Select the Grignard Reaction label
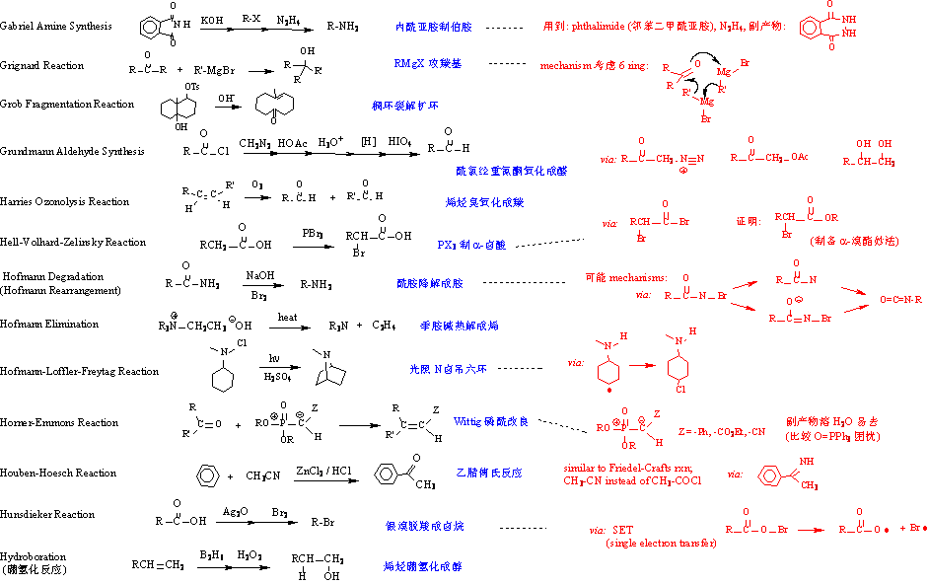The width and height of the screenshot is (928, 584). pyautogui.click(x=42, y=66)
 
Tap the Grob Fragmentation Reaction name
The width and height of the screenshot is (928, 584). pyautogui.click(x=67, y=105)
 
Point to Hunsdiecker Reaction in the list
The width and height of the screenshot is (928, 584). pyautogui.click(x=47, y=515)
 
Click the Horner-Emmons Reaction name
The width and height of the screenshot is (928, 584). pyautogui.click(x=59, y=423)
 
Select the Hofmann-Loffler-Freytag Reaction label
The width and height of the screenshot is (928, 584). pyautogui.click(x=79, y=372)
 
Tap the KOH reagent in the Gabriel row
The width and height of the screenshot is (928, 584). pyautogui.click(x=212, y=20)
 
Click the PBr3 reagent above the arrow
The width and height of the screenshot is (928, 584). pyautogui.click(x=315, y=232)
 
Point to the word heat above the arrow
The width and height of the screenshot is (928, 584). pyautogui.click(x=287, y=317)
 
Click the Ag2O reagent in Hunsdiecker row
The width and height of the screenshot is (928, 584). pyautogui.click(x=234, y=509)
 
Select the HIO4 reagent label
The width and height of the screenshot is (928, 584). pyautogui.click(x=399, y=143)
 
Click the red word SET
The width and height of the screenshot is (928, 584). pyautogui.click(x=622, y=530)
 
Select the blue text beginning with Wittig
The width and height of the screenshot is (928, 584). pyautogui.click(x=491, y=422)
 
